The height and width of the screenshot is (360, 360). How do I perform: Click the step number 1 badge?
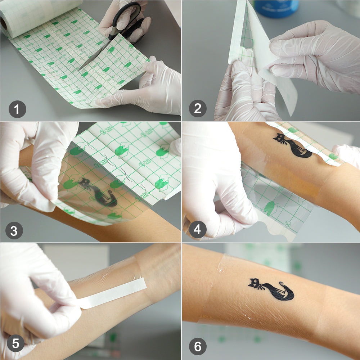[x=18, y=109]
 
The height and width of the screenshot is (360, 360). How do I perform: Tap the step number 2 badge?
[x=198, y=109]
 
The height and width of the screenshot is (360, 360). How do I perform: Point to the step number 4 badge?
[x=198, y=229]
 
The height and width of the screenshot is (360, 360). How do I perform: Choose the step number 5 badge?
[x=15, y=343]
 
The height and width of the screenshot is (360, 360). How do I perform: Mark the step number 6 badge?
[x=198, y=347]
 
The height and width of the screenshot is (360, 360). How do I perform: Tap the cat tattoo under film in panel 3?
[x=99, y=193]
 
